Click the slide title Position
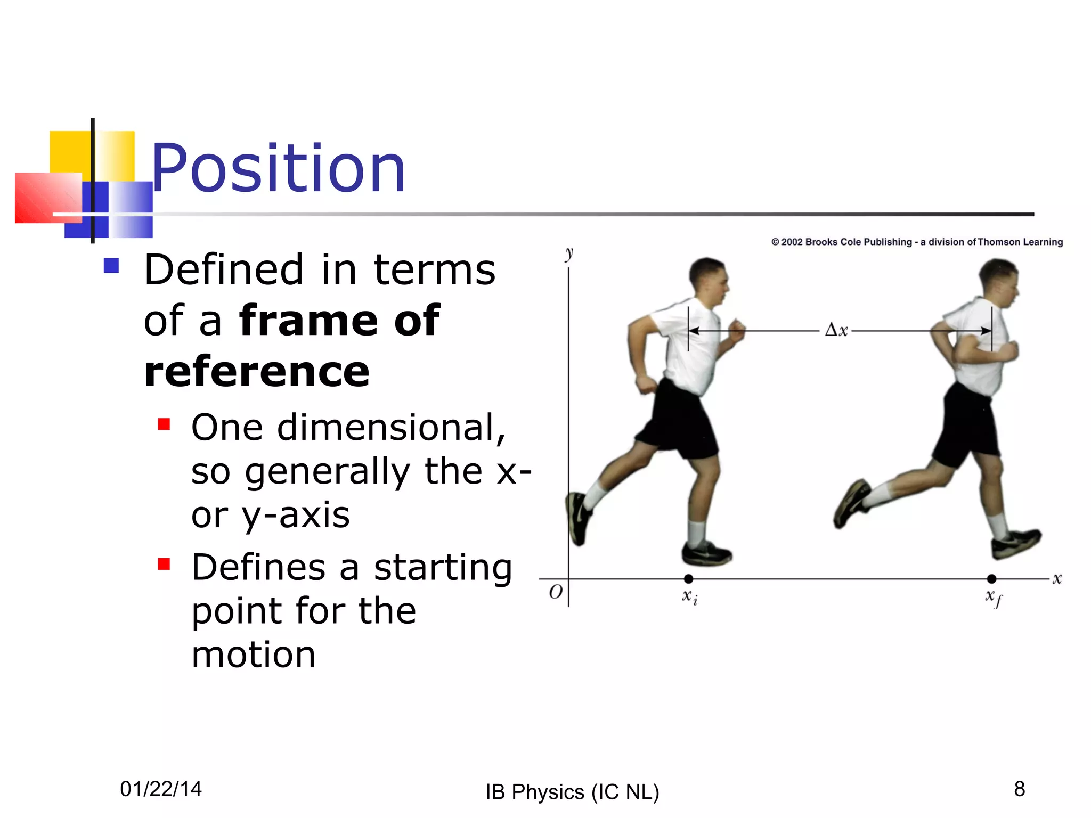click(279, 169)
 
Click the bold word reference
click(257, 372)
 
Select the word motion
click(254, 655)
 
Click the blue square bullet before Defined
click(111, 265)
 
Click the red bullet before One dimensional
click(164, 424)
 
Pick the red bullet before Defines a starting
click(164, 564)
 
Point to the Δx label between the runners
click(836, 330)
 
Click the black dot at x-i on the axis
click(688, 579)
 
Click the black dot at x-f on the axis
click(991, 579)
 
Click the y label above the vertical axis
click(569, 253)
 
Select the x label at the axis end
click(1057, 579)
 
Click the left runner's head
click(708, 280)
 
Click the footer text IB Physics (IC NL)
click(572, 792)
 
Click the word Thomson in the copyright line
click(999, 242)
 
